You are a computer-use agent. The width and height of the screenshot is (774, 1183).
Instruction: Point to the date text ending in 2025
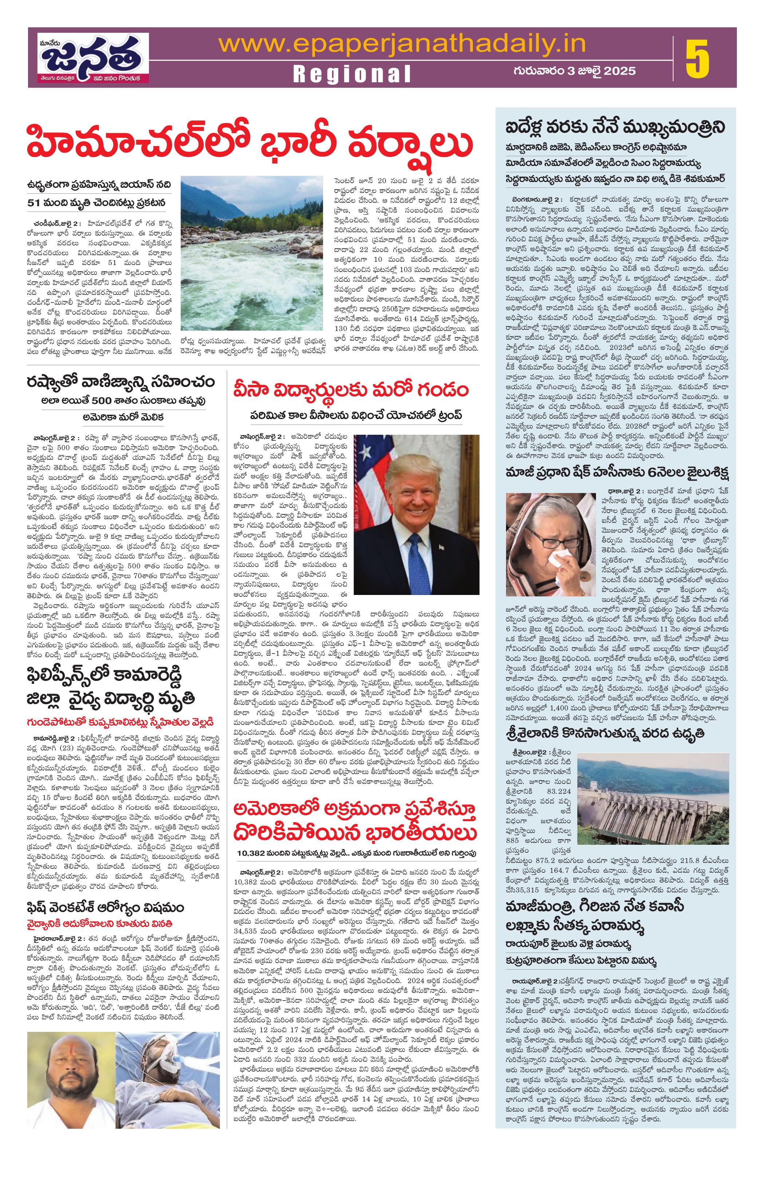[574, 71]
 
